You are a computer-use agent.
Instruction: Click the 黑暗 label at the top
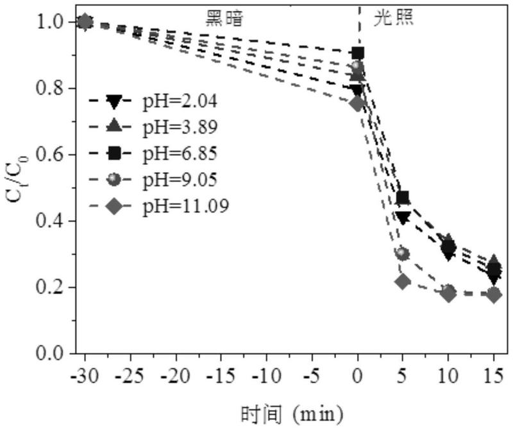click(x=224, y=17)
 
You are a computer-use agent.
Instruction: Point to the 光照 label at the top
click(x=394, y=17)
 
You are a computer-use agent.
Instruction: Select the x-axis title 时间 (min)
click(x=292, y=413)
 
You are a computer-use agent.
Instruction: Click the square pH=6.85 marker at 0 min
click(x=358, y=53)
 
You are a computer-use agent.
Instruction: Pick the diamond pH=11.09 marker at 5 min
click(x=403, y=281)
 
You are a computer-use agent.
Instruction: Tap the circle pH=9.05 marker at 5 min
click(x=403, y=254)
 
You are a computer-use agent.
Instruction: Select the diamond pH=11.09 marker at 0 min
click(x=358, y=103)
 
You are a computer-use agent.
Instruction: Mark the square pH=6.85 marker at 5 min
click(x=403, y=198)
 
